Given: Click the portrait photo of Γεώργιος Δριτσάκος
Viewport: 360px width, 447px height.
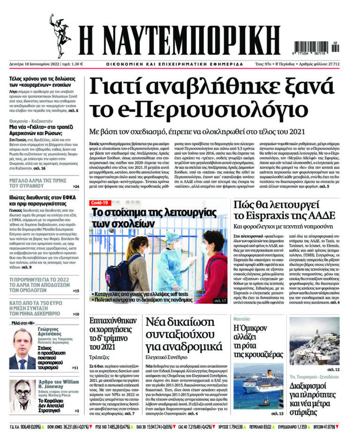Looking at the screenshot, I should pyautogui.click(x=22, y=349).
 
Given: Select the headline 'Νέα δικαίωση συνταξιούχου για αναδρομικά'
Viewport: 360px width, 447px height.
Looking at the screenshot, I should pyautogui.click(x=190, y=333).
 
